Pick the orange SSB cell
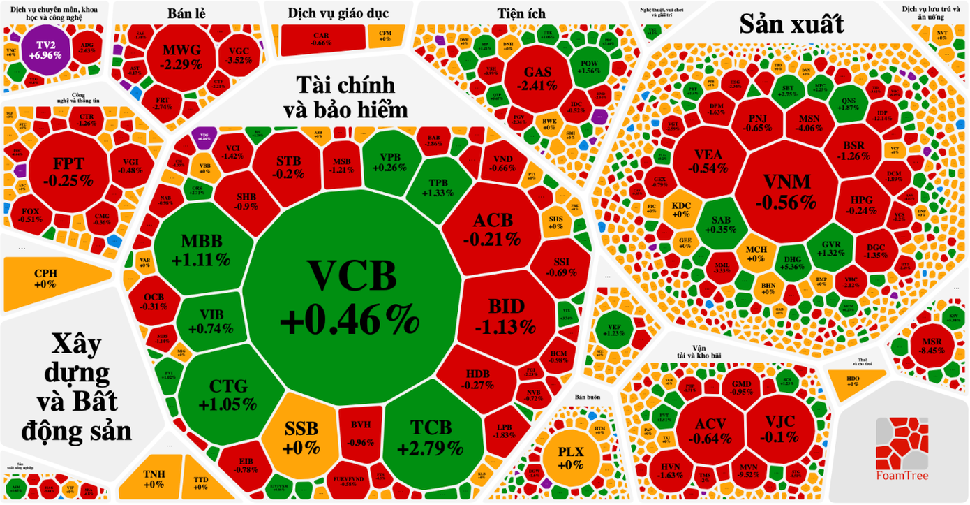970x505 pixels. click(x=301, y=437)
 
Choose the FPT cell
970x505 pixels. click(x=68, y=171)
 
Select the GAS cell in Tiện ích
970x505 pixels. click(x=537, y=78)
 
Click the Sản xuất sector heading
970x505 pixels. click(x=791, y=25)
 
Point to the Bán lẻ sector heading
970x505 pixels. click(x=186, y=13)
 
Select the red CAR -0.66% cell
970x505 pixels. click(x=321, y=39)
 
